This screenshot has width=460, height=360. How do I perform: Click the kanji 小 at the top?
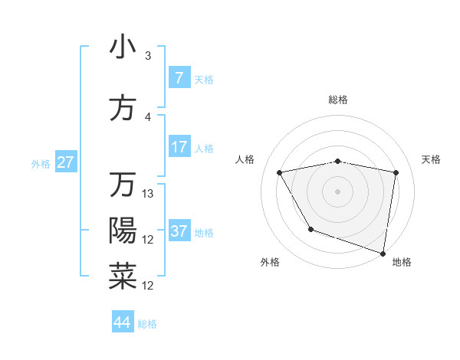click(123, 47)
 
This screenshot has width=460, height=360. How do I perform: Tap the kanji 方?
click(123, 108)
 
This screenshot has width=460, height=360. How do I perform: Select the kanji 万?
click(123, 185)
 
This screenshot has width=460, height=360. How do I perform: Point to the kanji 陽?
click(123, 231)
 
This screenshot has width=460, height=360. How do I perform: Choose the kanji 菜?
click(123, 277)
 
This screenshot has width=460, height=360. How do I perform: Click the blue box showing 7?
click(179, 78)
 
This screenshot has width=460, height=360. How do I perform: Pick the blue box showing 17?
click(179, 147)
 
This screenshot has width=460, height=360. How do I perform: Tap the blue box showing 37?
click(179, 231)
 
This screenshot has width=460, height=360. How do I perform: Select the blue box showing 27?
click(66, 162)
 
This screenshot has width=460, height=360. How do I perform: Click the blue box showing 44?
click(123, 322)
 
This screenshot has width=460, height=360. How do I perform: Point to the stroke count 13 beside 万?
click(149, 194)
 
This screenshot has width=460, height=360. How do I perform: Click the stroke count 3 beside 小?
click(148, 56)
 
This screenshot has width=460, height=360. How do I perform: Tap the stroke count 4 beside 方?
click(148, 117)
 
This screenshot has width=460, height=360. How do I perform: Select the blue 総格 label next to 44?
click(147, 324)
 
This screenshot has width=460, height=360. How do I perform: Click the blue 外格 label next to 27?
click(41, 163)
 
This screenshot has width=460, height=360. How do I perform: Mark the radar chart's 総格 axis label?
click(338, 100)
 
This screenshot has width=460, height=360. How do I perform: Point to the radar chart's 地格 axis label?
click(402, 263)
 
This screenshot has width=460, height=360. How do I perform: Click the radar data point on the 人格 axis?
click(280, 173)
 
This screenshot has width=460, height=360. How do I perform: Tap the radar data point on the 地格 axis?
click(383, 253)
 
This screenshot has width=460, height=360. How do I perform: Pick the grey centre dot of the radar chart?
click(338, 191)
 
